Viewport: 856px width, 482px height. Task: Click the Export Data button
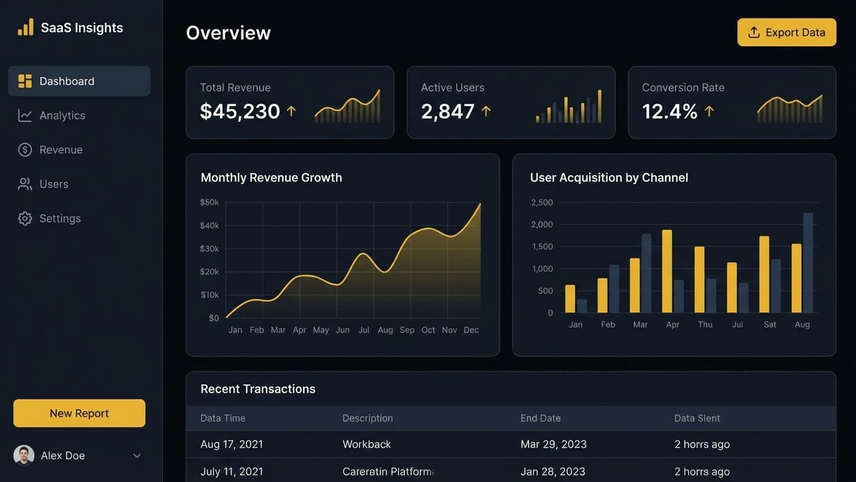786,33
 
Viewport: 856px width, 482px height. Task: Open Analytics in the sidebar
62,115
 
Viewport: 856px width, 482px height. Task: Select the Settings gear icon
25,218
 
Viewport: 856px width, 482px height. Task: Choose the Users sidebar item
53,184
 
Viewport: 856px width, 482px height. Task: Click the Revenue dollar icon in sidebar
25,150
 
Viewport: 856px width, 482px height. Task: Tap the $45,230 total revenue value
240,111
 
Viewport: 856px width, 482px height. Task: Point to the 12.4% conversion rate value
669,111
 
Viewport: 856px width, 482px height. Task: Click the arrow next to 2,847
486,111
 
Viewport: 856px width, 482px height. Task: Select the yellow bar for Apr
667,271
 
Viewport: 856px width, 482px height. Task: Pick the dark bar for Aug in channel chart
808,263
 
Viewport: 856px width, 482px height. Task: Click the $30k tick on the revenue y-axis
209,249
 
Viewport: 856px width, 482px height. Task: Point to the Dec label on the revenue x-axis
471,330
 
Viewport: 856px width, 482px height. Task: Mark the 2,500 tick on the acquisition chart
542,202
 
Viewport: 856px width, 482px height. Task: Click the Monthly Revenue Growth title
271,178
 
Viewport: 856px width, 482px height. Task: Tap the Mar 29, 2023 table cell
553,444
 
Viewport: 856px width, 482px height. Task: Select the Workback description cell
366,444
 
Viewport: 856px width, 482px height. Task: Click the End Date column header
540,418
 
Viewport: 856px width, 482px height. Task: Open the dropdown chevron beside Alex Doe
137,456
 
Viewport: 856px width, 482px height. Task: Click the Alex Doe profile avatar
24,456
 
